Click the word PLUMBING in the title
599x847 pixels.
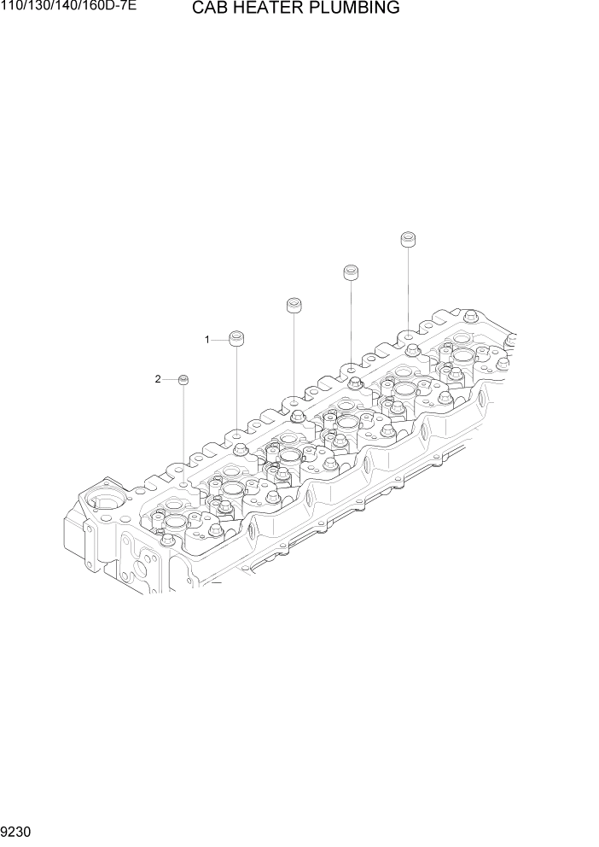pos(358,9)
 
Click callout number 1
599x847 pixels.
pos(206,340)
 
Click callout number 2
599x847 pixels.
pos(158,379)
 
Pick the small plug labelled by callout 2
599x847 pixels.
pos(183,379)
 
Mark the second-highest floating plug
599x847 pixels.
pos(350,272)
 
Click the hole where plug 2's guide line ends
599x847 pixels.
pos(183,484)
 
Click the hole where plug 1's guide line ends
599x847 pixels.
pos(236,435)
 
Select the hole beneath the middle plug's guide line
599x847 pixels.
pos(294,400)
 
